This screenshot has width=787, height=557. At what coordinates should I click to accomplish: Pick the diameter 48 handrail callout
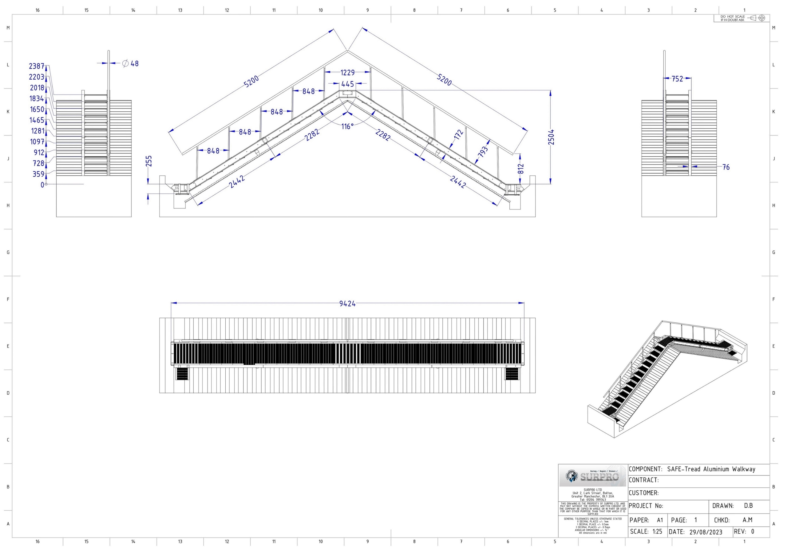[x=131, y=63]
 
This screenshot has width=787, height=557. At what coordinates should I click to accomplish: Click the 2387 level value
[x=37, y=66]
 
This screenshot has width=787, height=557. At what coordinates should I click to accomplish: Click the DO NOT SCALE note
[x=733, y=18]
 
